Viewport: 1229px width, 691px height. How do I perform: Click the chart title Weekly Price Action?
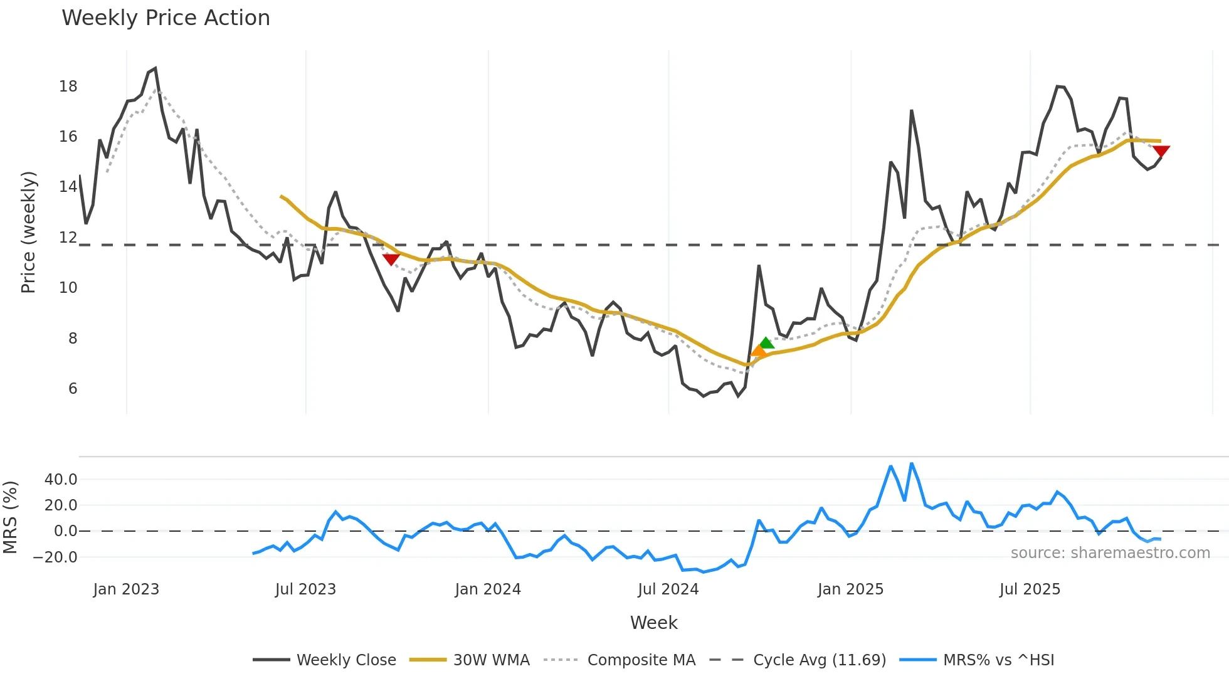[x=166, y=18]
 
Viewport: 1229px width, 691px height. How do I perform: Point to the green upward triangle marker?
[x=766, y=343]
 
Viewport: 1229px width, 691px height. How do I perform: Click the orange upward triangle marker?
[x=758, y=351]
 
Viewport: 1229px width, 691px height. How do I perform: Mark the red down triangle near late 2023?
[x=391, y=259]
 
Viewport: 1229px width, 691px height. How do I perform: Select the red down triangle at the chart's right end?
[x=1161, y=151]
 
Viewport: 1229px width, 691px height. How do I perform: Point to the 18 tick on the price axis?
[x=68, y=87]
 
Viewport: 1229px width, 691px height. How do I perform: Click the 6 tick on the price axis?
[x=73, y=389]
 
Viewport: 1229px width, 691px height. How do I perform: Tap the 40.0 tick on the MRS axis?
[x=61, y=480]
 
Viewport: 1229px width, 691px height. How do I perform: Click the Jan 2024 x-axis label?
[x=488, y=589]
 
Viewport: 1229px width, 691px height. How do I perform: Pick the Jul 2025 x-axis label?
[x=1030, y=589]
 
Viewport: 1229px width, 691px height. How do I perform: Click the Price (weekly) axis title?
[x=29, y=232]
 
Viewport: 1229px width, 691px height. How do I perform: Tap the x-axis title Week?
[x=653, y=623]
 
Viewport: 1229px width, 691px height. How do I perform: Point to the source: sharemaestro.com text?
[x=1110, y=553]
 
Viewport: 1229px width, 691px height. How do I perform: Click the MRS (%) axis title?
[x=11, y=517]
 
